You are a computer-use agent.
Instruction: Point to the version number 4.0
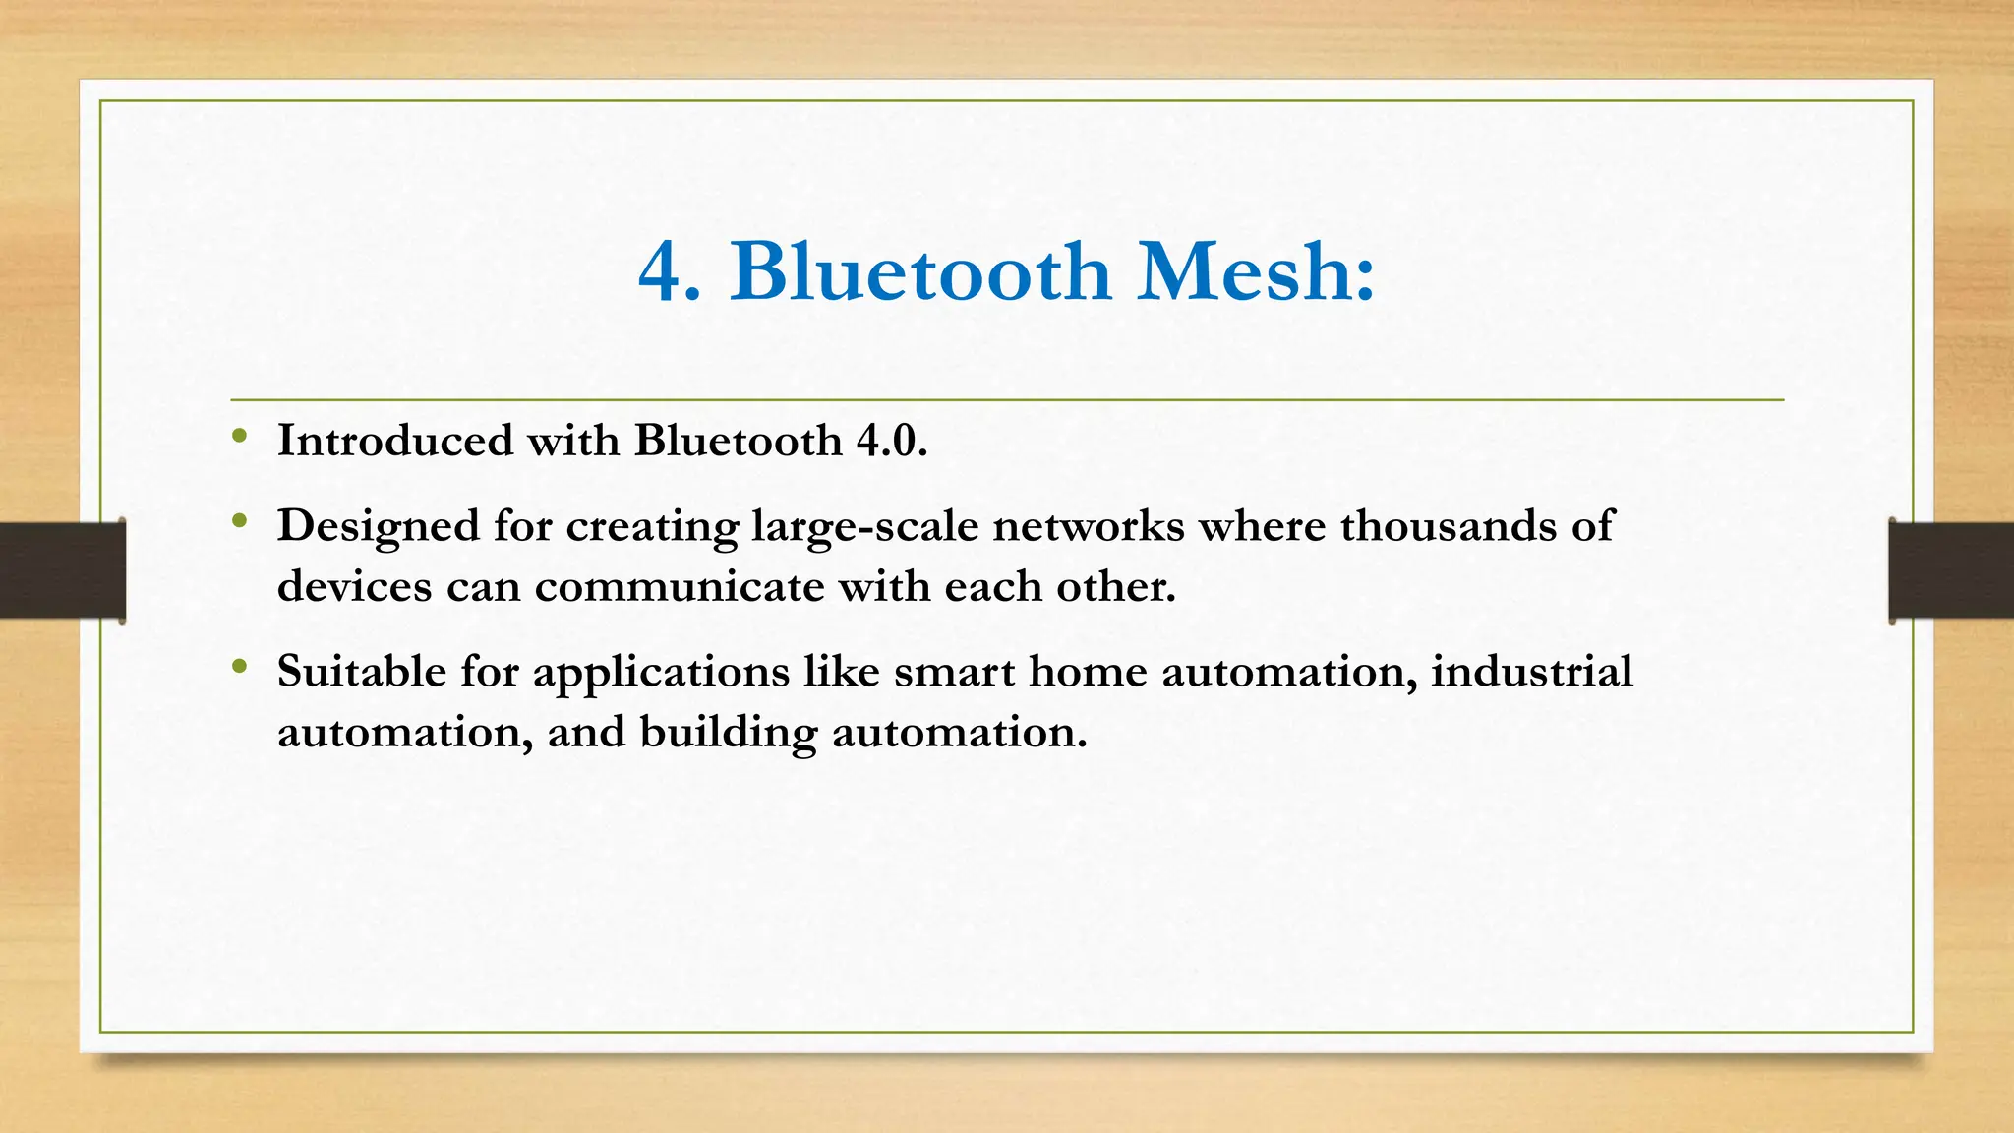click(x=891, y=441)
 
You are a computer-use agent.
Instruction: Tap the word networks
click(x=1088, y=526)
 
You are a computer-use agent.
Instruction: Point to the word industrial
click(x=1531, y=672)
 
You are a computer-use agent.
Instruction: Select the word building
click(x=728, y=733)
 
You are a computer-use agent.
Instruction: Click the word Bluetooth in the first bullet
click(x=738, y=441)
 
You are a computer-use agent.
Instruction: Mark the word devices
click(x=354, y=587)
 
